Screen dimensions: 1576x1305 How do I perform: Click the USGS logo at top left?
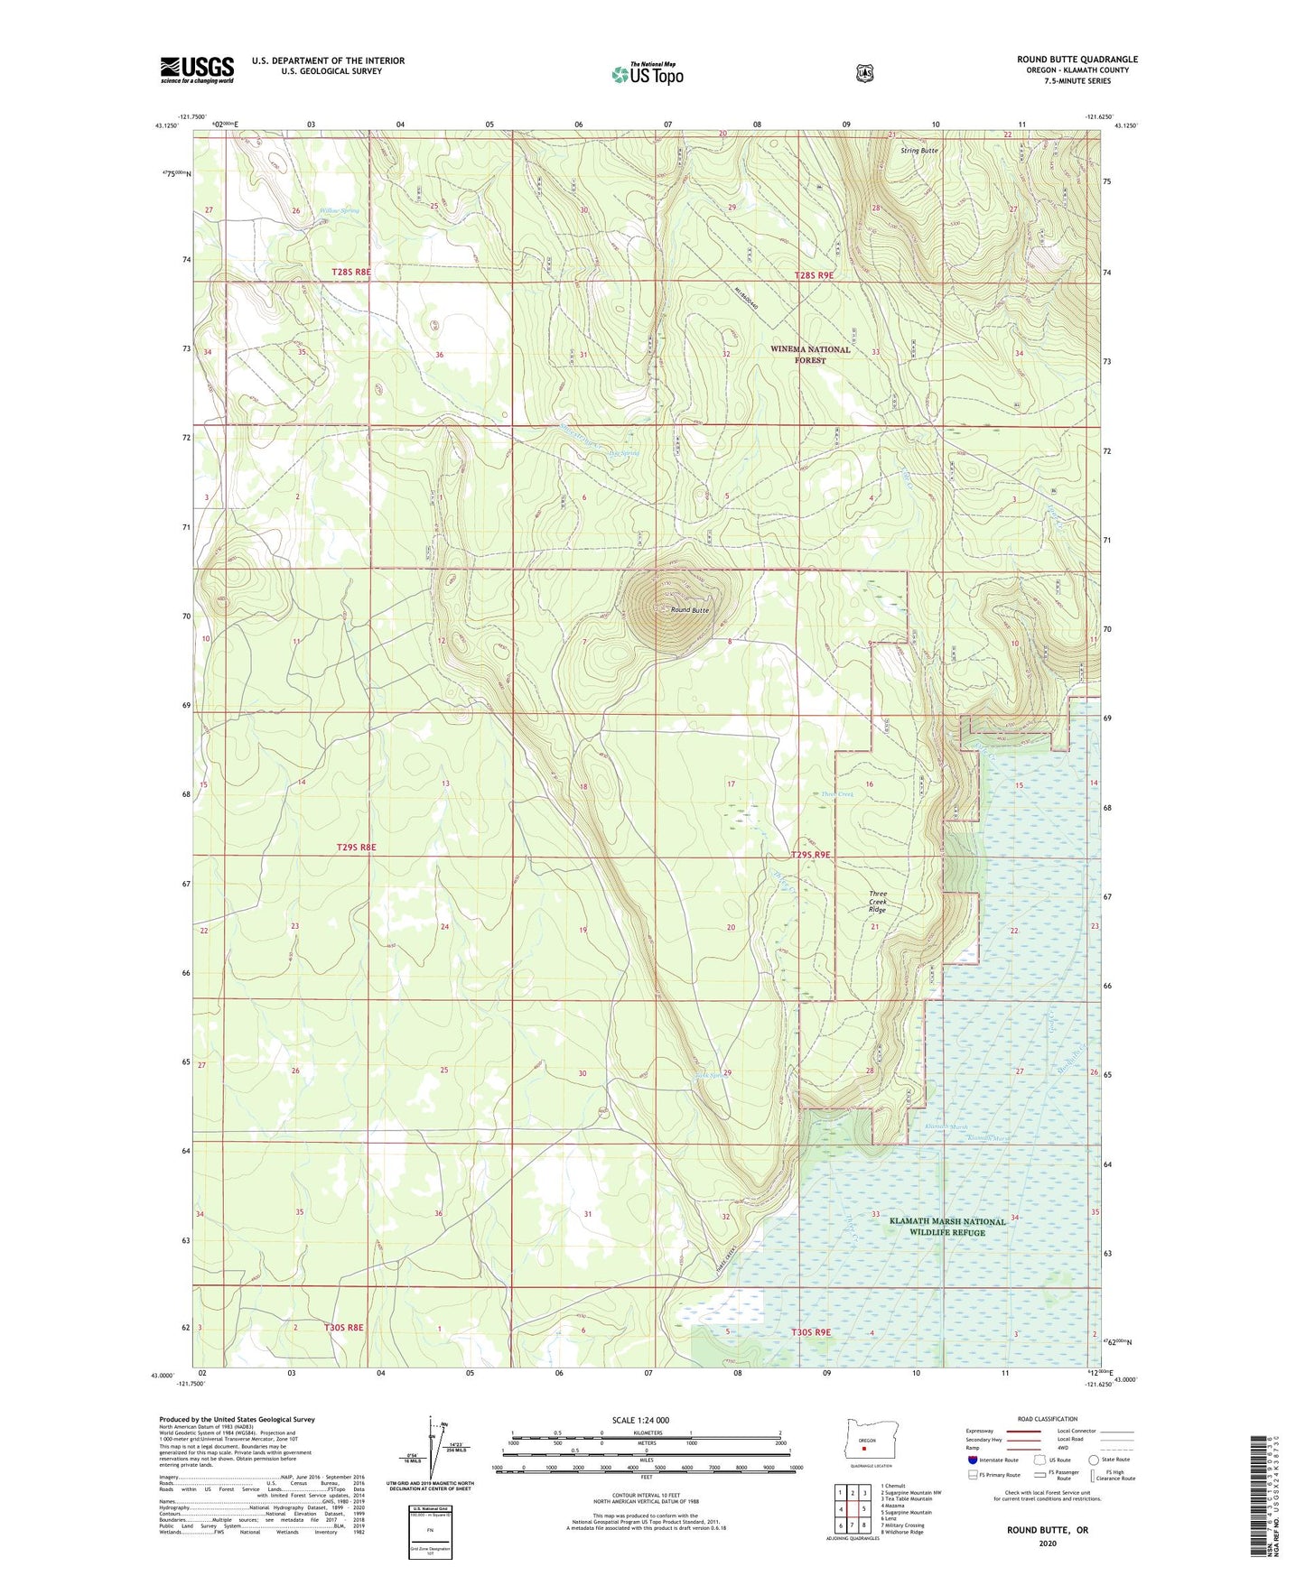pos(197,70)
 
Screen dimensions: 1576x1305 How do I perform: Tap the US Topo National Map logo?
pos(647,74)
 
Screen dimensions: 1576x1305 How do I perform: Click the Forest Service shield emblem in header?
pos(864,73)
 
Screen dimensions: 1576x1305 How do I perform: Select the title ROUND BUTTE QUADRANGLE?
pos(1077,60)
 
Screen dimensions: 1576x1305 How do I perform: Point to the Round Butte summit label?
pos(689,610)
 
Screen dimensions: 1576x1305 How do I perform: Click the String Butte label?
pos(918,151)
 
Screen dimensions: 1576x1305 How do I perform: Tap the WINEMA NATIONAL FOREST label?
pos(810,355)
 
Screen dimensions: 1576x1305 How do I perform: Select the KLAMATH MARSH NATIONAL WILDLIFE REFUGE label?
pos(946,1227)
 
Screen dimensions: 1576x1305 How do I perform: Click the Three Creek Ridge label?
pos(878,902)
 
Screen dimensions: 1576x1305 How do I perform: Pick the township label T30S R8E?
pos(343,1328)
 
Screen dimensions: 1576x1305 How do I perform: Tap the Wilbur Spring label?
pos(339,211)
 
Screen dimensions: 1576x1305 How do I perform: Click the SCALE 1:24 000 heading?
pos(640,1420)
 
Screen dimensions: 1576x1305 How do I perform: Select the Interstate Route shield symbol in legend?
pos(972,1460)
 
